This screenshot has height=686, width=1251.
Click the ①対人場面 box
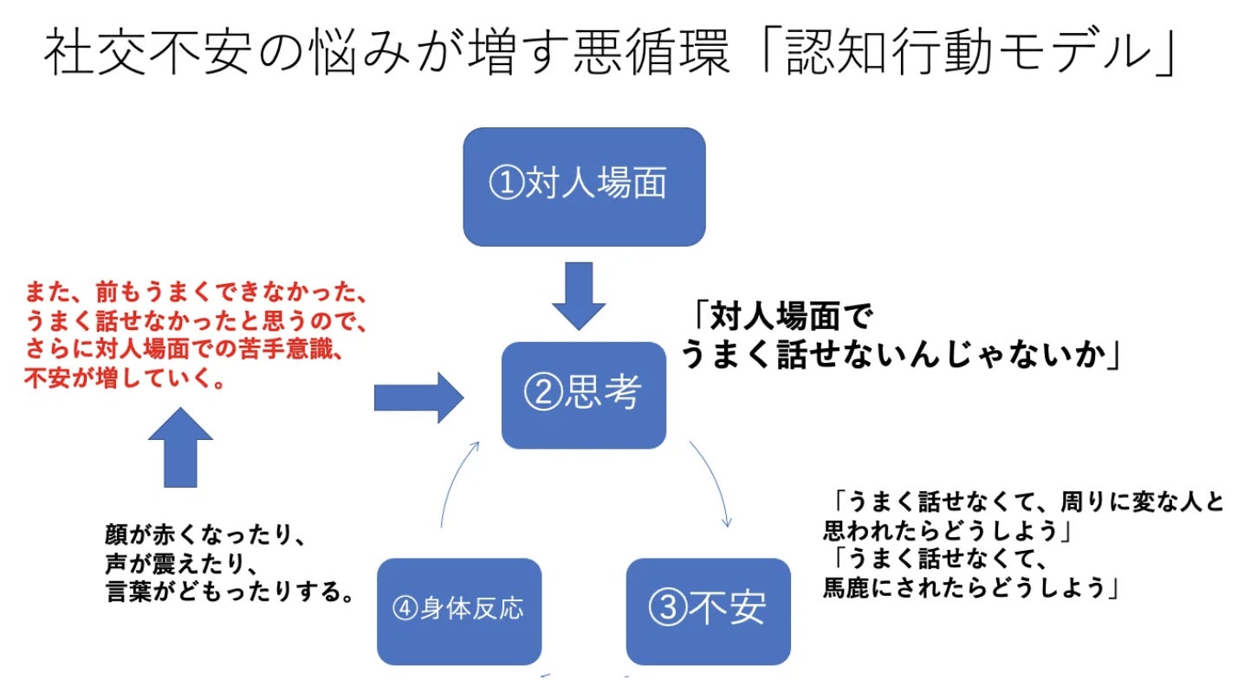click(x=584, y=187)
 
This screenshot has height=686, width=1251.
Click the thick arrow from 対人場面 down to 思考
click(x=580, y=294)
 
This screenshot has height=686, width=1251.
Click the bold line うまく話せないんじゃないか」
click(x=901, y=354)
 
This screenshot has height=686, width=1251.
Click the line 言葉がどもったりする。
click(x=230, y=594)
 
